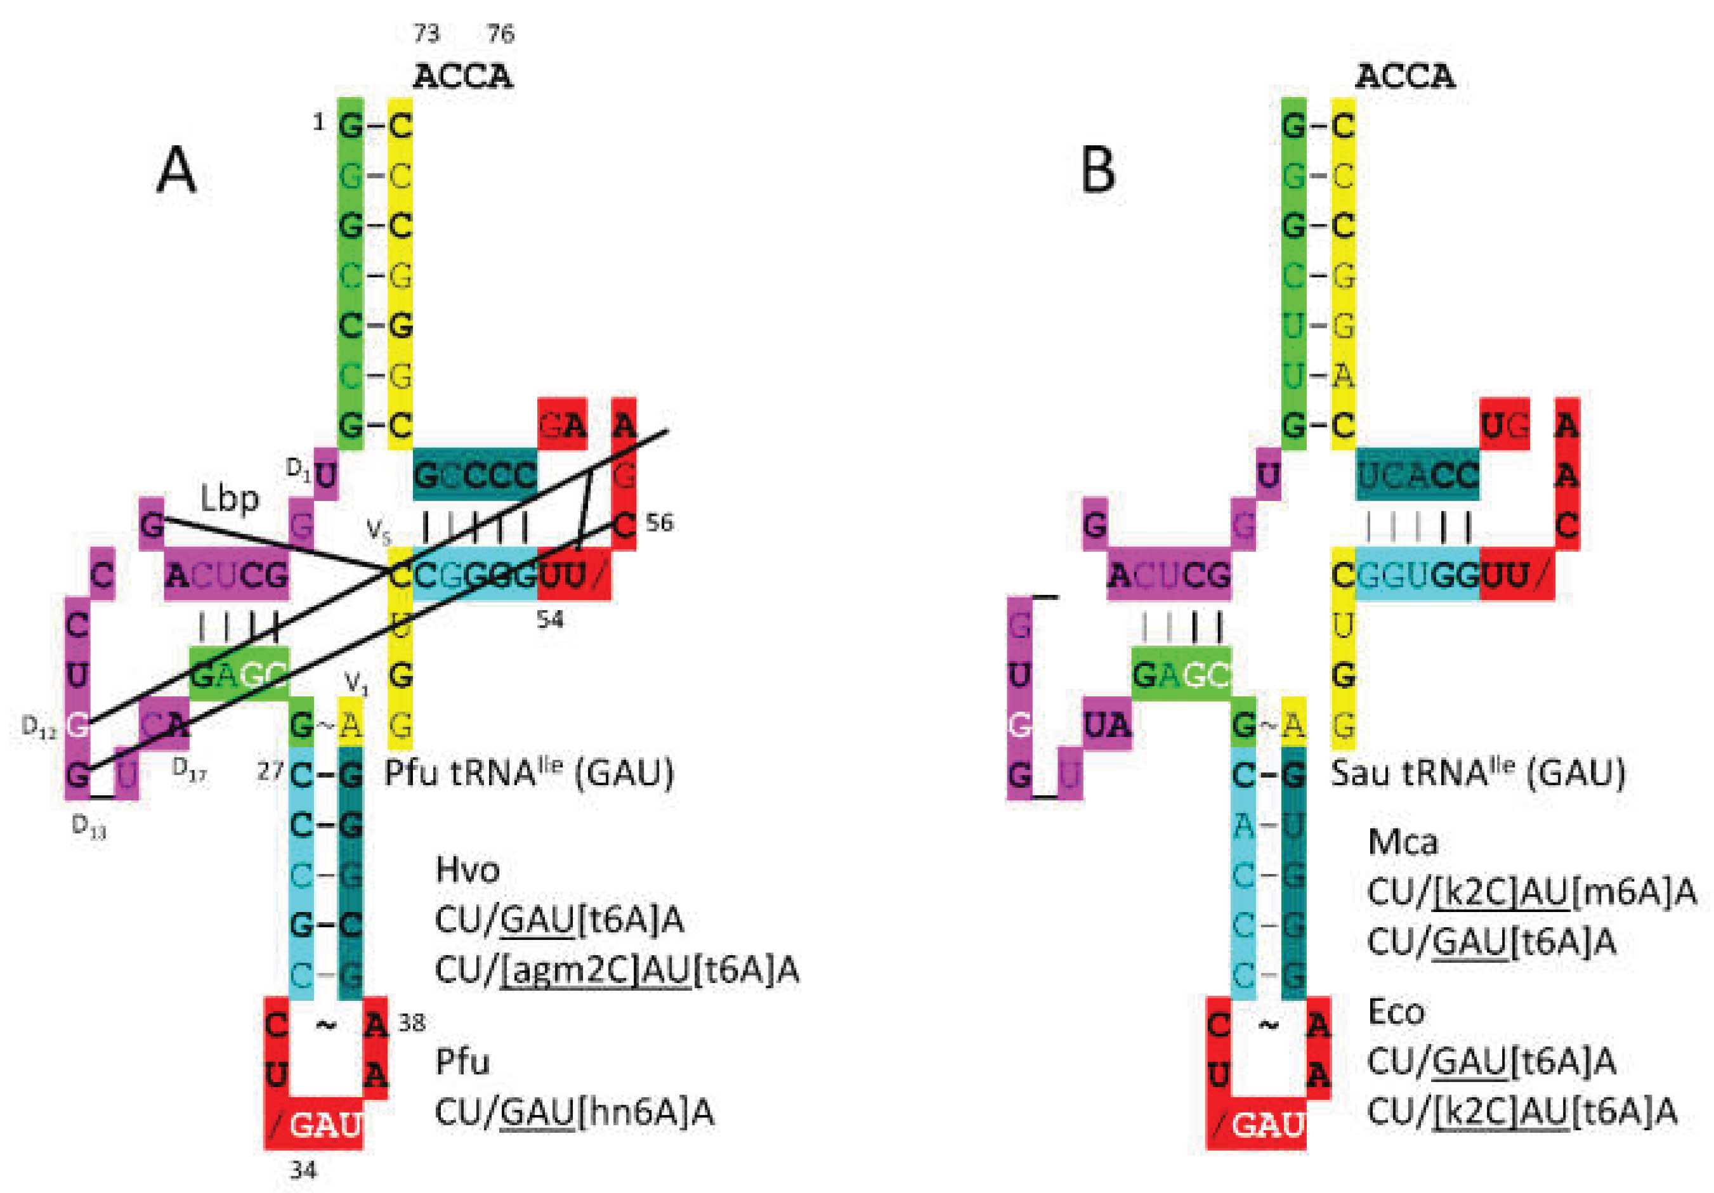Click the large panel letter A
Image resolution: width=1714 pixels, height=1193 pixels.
pyautogui.click(x=177, y=170)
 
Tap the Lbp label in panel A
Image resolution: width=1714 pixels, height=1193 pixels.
pyautogui.click(x=230, y=498)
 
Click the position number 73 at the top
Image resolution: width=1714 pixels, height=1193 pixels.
pyautogui.click(x=426, y=34)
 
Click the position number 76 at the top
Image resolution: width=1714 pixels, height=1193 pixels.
pyautogui.click(x=500, y=34)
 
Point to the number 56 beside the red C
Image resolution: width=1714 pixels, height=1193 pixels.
pyautogui.click(x=659, y=523)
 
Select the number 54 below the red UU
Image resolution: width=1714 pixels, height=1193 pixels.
pyautogui.click(x=550, y=619)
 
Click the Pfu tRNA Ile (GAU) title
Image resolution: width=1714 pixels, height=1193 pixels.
pyautogui.click(x=528, y=773)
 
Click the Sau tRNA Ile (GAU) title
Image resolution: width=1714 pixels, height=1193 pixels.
pyautogui.click(x=1478, y=773)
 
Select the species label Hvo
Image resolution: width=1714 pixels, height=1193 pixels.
pyautogui.click(x=468, y=870)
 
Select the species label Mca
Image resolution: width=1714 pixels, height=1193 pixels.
pyautogui.click(x=1402, y=842)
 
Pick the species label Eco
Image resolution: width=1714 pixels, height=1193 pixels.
pyautogui.click(x=1396, y=1012)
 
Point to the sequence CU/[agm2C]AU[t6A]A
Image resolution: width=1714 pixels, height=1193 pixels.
pyautogui.click(x=617, y=970)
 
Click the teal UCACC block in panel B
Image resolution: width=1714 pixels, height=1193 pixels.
pyautogui.click(x=1417, y=475)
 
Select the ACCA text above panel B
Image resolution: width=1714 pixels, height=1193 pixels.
pyautogui.click(x=1405, y=76)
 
